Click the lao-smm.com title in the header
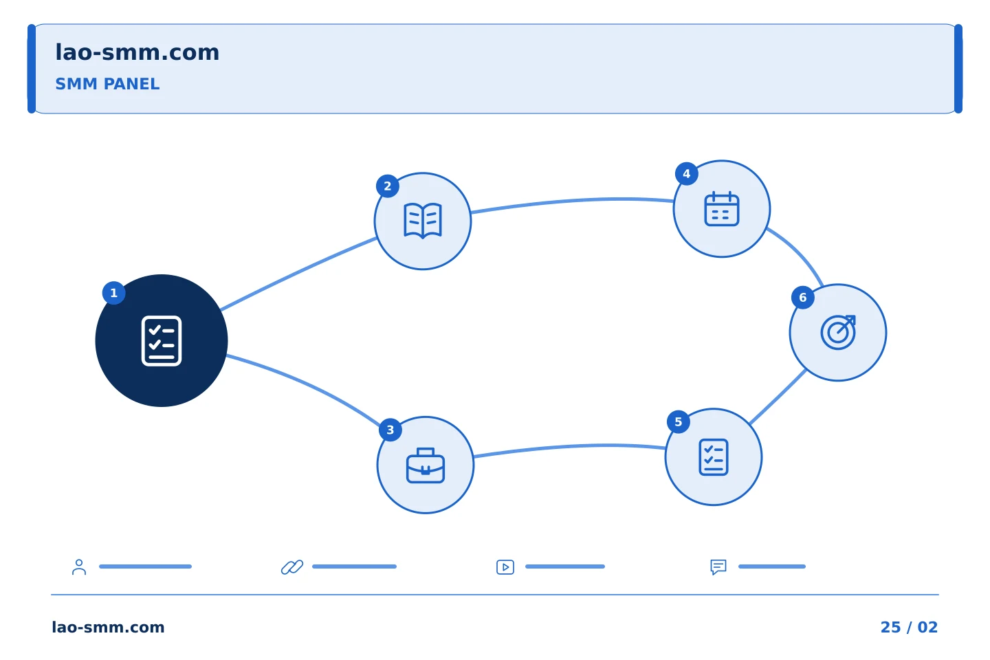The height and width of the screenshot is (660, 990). (137, 53)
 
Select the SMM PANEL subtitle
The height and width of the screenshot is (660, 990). (107, 84)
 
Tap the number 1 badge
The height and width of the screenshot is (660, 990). (113, 293)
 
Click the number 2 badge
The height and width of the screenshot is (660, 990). (388, 186)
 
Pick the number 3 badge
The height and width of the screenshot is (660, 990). (390, 430)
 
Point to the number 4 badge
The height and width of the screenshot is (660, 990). (686, 174)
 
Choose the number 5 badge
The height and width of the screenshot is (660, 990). (679, 421)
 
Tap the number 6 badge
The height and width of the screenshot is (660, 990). (802, 298)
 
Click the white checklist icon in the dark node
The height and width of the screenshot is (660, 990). (162, 341)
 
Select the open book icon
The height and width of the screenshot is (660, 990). (423, 221)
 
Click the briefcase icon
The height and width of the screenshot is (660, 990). (425, 465)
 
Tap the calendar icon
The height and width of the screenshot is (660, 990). (721, 208)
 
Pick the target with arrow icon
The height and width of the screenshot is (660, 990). (838, 333)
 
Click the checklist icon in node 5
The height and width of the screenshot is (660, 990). (714, 457)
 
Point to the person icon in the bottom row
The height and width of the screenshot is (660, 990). (79, 566)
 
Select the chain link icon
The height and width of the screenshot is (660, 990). (292, 566)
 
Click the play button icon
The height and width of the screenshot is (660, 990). (505, 566)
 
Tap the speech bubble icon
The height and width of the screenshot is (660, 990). (718, 566)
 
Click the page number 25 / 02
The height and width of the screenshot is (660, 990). (909, 627)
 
